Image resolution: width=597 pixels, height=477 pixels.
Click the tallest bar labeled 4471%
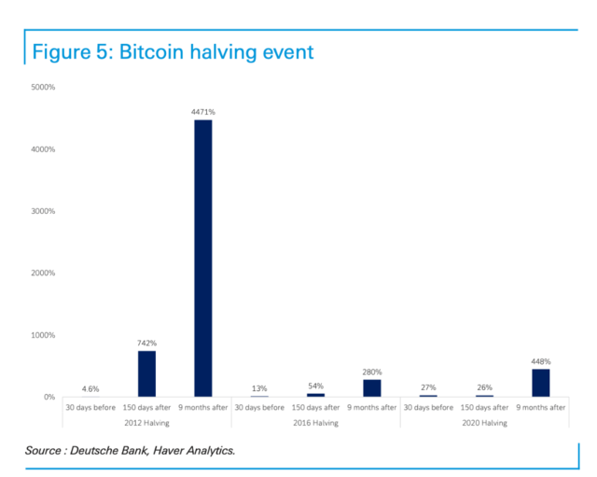coord(202,258)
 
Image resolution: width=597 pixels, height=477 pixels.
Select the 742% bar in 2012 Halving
coord(146,373)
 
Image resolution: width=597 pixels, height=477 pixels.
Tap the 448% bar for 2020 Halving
coord(540,383)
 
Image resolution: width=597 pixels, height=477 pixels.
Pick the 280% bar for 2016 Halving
coord(371,387)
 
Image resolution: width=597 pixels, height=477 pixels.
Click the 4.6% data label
coord(90,388)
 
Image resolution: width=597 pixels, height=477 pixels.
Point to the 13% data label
coord(259,388)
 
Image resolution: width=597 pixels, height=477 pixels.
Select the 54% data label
coord(315,386)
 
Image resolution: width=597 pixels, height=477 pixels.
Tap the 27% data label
coord(428,387)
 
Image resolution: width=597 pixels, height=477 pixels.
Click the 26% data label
coord(484,387)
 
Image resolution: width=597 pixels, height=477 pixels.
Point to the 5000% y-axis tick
coord(43,88)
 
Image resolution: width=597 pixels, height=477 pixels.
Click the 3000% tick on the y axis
coord(43,212)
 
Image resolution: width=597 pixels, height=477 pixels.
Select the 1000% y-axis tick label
coord(43,335)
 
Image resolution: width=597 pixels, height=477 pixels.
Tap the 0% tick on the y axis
coord(48,398)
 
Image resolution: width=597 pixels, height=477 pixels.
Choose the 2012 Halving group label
coord(146,423)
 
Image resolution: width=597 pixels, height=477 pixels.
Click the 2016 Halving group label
coord(315,423)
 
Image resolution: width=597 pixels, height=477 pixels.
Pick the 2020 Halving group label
coord(484,423)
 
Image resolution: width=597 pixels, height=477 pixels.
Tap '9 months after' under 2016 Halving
coord(371,408)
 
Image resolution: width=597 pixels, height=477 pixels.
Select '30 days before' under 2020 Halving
coord(428,408)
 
